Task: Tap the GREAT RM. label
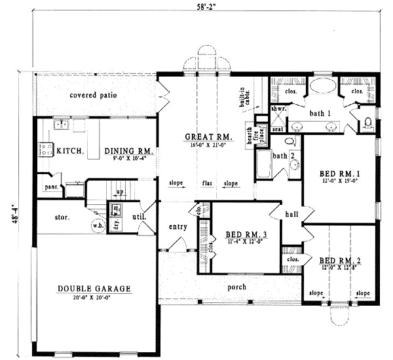coord(209,137)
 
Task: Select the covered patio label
coord(94,95)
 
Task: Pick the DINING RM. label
coord(129,151)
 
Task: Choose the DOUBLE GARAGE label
coord(94,288)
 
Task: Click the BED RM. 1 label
coord(339,173)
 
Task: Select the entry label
coord(178,227)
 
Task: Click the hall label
coord(292,214)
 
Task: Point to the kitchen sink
coord(63,122)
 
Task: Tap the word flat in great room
coord(206,183)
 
